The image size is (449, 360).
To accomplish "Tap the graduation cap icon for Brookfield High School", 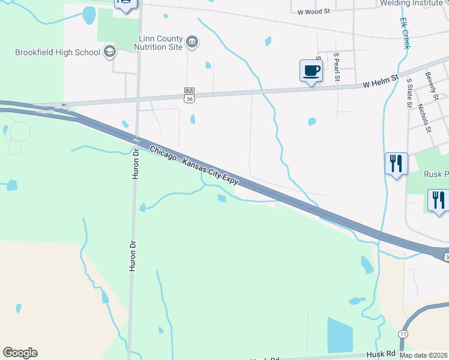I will point(109,52).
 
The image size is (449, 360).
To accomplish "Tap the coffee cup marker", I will point(311,71).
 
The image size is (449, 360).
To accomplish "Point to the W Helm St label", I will point(381,81).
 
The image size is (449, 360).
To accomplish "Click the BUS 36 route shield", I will point(189,95).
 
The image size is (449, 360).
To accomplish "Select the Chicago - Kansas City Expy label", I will point(194,164).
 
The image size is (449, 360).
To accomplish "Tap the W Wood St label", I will point(313,11).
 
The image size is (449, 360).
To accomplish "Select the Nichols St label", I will point(424,118).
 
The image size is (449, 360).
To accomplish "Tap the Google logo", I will point(20,353).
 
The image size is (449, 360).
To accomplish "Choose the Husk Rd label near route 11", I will point(380,355).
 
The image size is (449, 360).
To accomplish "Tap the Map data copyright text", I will point(424,355).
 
